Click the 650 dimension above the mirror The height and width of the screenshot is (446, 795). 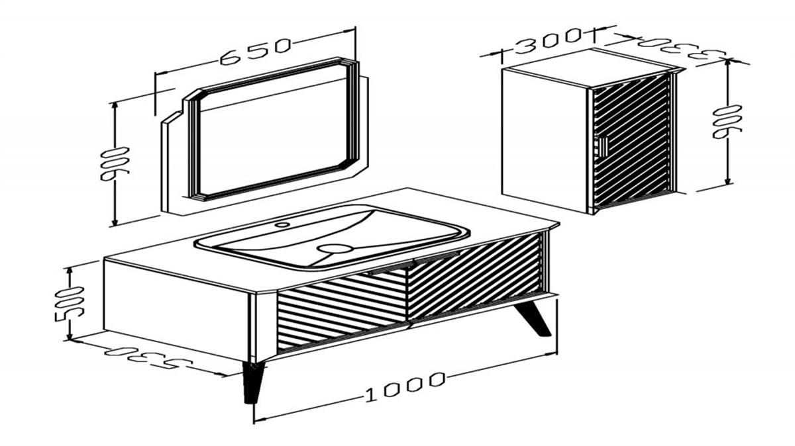click(x=255, y=52)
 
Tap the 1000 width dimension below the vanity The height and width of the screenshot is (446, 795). click(x=405, y=386)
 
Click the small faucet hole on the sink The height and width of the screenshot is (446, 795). click(x=282, y=224)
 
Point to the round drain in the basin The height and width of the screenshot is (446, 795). click(x=335, y=248)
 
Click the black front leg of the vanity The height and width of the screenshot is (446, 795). click(x=253, y=382)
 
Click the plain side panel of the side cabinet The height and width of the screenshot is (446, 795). click(x=545, y=141)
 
